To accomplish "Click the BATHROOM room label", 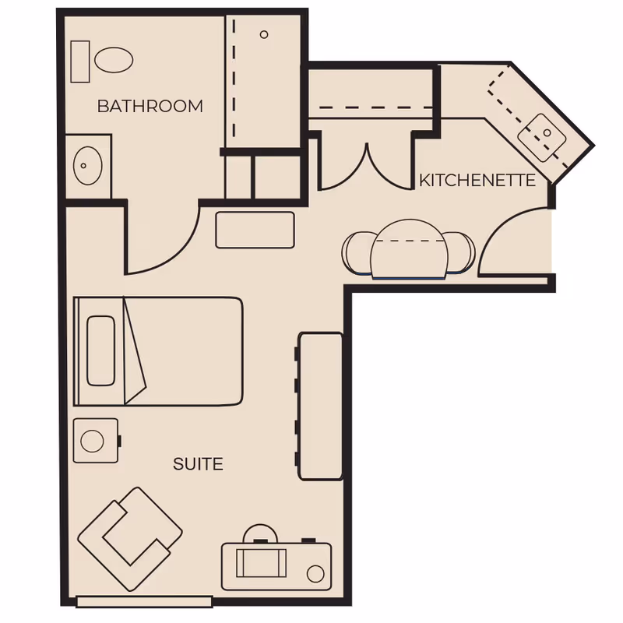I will coord(150,106).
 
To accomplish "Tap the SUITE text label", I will coord(198,464).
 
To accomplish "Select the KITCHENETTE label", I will coord(477,181).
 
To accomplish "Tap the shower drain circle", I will coord(264,34).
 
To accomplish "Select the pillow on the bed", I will coord(99,350).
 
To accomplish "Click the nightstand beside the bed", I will coord(96,441).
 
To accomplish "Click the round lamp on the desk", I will coord(315,574).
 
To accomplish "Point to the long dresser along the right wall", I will coord(321,406).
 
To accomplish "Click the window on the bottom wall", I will coord(144,601).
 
